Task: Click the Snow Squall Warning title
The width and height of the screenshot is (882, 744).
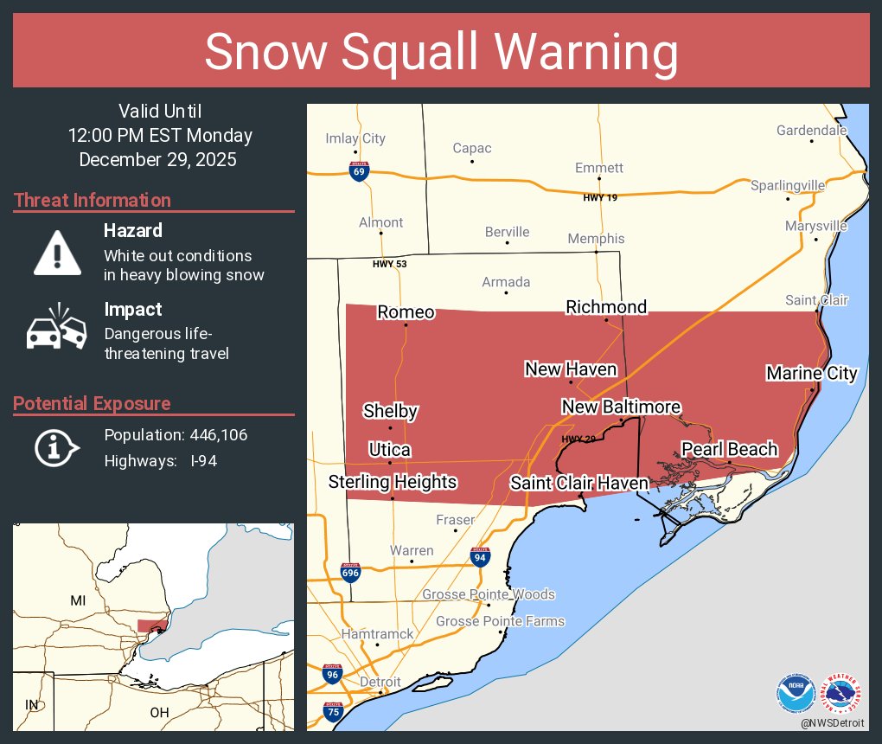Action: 441,52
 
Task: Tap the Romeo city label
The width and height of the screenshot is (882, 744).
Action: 406,312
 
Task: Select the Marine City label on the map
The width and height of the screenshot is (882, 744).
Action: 811,373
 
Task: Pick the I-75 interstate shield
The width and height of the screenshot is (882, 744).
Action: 333,712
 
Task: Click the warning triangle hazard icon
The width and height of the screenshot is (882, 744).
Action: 57,253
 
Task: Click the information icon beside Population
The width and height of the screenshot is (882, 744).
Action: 57,447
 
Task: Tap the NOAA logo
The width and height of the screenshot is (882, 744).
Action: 796,692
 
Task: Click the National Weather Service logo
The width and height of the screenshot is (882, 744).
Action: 842,692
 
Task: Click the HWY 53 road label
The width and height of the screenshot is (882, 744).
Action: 389,264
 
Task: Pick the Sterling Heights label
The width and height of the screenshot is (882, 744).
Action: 393,482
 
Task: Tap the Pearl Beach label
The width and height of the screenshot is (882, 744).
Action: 729,449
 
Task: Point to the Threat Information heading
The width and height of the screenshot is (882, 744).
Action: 93,200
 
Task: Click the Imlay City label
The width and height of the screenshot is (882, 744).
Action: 355,138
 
